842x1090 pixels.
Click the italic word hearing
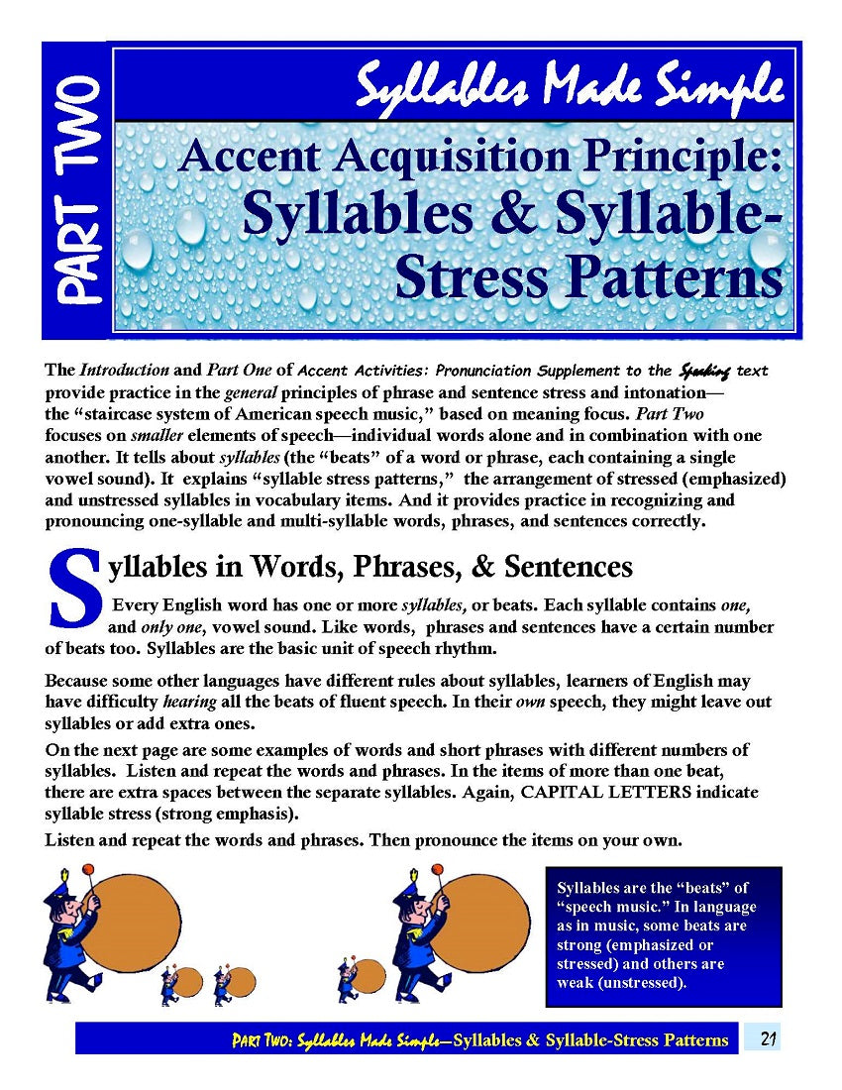pos(188,702)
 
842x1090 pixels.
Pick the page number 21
pos(768,1039)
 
